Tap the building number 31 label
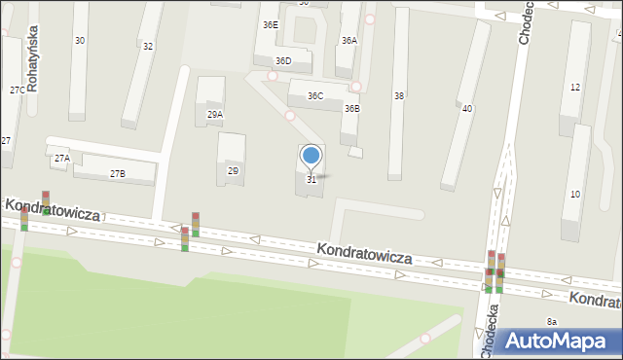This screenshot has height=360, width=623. pyautogui.click(x=311, y=179)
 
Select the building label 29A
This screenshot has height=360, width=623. pyautogui.click(x=215, y=114)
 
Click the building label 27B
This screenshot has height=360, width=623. pyautogui.click(x=117, y=173)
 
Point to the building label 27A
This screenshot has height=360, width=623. pyautogui.click(x=61, y=158)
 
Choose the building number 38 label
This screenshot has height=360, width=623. pyautogui.click(x=398, y=95)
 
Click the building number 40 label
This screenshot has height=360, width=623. pyautogui.click(x=467, y=108)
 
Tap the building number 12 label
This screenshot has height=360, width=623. pyautogui.click(x=575, y=88)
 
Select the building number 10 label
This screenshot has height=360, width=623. pyautogui.click(x=575, y=195)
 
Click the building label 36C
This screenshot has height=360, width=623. pyautogui.click(x=315, y=96)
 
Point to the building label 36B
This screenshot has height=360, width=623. pyautogui.click(x=351, y=108)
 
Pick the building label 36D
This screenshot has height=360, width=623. pyautogui.click(x=282, y=60)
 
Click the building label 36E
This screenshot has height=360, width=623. pyautogui.click(x=270, y=24)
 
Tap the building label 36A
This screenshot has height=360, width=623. pyautogui.click(x=348, y=40)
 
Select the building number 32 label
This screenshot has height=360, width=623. pyautogui.click(x=148, y=46)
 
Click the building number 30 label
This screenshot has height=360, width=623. pyautogui.click(x=80, y=40)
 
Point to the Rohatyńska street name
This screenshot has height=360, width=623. pyautogui.click(x=32, y=60)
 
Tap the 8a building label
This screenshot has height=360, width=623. pyautogui.click(x=552, y=321)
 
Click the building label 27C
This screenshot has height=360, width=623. pyautogui.click(x=17, y=90)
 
